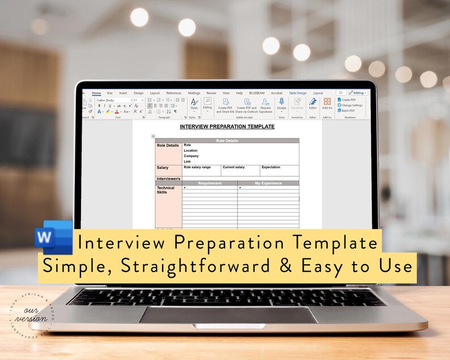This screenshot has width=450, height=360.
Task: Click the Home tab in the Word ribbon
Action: point(96,93)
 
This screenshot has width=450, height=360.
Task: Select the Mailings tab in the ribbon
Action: point(194,93)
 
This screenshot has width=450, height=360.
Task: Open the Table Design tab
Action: point(298,93)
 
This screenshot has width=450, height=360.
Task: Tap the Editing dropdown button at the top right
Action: point(358,92)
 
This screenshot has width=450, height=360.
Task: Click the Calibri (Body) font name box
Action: point(112,100)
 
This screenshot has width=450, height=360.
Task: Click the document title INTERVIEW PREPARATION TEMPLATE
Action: point(227,126)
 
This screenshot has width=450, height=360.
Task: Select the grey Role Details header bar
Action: point(227,141)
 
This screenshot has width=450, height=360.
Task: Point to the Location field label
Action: point(191,150)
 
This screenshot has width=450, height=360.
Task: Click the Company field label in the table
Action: point(192,156)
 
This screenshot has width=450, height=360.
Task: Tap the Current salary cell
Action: point(234,167)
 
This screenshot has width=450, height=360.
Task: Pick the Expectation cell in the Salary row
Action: point(271,167)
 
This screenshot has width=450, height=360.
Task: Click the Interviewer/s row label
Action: point(168,178)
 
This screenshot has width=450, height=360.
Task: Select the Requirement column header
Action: point(210,183)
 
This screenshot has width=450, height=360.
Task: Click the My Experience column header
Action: point(268,183)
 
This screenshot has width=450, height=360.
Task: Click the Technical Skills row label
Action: point(165,190)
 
